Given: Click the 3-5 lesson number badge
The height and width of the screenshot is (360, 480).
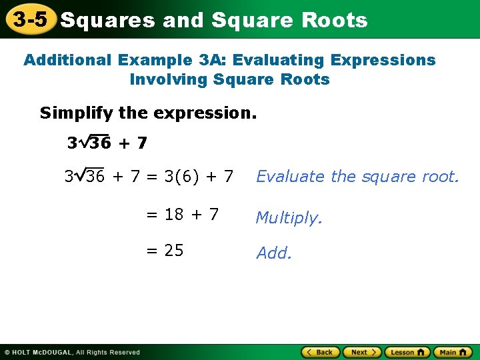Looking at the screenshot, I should [x=29, y=19].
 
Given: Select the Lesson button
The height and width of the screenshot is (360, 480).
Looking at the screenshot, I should [x=407, y=352].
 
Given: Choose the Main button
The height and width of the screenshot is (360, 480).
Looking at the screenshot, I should [x=452, y=352].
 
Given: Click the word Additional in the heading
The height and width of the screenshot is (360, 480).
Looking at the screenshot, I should [x=67, y=60].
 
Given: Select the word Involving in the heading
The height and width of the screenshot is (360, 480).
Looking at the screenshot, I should [x=169, y=80].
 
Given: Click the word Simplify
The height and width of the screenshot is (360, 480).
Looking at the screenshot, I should [x=75, y=113].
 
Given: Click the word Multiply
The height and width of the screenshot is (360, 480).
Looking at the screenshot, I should [x=288, y=218].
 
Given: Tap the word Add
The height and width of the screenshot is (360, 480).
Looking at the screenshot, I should [x=273, y=253].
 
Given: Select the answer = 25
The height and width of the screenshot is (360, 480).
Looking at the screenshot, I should [x=165, y=251].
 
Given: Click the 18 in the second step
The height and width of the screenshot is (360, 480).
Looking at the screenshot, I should [x=174, y=215].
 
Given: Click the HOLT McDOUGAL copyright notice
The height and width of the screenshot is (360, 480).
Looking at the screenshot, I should [x=71, y=352].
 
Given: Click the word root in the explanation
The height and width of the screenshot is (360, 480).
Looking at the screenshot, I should [x=441, y=177].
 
